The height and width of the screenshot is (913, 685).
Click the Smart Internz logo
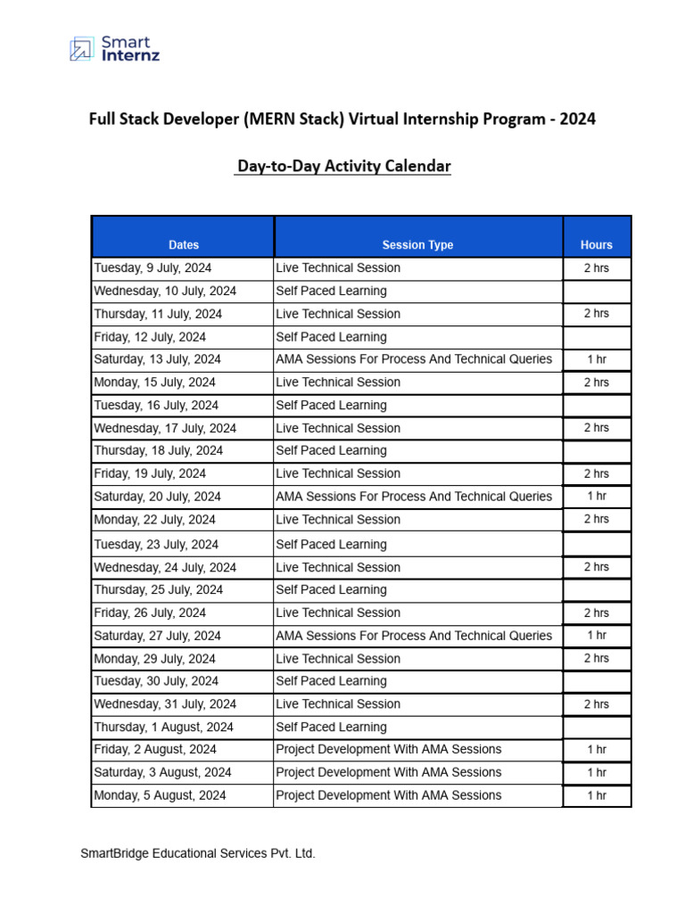113,48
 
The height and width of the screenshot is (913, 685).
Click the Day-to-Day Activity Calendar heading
343,167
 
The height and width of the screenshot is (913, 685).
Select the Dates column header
183,244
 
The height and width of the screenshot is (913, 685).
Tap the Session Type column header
417,244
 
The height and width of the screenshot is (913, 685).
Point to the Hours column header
596,244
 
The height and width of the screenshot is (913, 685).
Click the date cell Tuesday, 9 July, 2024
153,267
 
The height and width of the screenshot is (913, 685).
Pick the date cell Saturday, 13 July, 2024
157,359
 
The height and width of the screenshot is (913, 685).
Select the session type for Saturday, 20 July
414,497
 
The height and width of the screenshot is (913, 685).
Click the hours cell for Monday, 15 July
596,382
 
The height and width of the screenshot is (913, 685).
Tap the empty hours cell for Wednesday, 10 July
596,292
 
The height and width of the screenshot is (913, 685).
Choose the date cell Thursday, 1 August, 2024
163,727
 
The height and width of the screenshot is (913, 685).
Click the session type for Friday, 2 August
389,749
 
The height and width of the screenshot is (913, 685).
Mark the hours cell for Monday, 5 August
596,795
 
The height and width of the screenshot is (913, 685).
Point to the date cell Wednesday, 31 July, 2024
165,703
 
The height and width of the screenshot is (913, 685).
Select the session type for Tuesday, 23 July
331,544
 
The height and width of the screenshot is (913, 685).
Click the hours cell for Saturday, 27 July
596,636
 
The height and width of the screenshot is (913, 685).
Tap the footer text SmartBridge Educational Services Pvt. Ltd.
198,853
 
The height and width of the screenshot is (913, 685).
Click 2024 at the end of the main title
578,119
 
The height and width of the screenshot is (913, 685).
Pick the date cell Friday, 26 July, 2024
150,613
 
